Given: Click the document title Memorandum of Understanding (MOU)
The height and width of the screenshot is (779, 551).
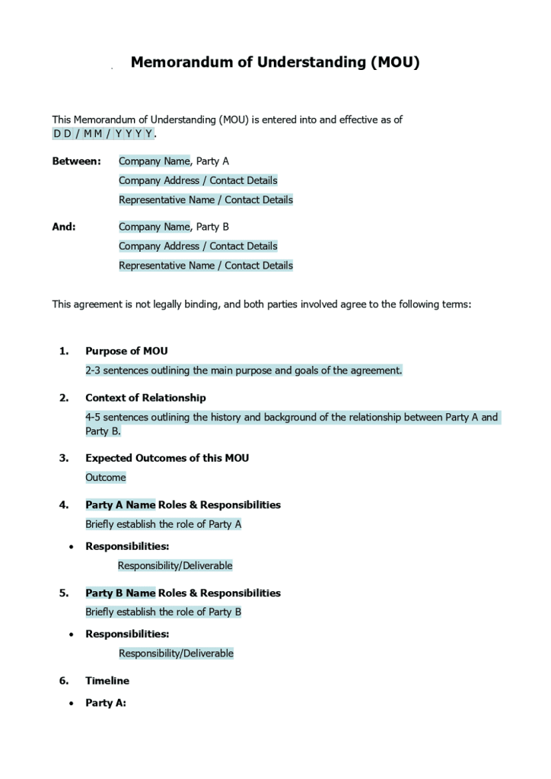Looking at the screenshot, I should (x=275, y=62).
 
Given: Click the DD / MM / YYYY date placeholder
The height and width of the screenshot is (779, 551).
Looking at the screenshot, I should (x=103, y=134).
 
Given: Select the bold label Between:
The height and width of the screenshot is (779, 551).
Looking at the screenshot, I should (x=76, y=161).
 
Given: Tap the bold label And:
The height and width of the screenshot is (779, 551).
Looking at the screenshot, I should (x=64, y=227).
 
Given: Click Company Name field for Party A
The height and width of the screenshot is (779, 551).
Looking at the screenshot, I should (x=154, y=161).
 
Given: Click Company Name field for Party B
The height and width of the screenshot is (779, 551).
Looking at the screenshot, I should (x=154, y=227).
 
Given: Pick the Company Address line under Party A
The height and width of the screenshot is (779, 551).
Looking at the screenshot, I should (x=198, y=181).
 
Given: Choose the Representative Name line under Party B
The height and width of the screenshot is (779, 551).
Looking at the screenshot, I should (x=205, y=265).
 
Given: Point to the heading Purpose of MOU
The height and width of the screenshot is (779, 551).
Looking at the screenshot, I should (x=126, y=351).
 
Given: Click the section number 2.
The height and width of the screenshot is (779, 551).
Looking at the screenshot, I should (x=64, y=398).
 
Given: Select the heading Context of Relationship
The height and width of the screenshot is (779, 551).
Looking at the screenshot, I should (x=145, y=398).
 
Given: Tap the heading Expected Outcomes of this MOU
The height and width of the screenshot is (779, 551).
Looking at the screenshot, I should (x=167, y=458).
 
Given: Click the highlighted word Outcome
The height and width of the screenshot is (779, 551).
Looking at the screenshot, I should (x=106, y=478).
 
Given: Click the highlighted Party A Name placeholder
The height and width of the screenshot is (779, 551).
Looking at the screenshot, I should (x=120, y=505).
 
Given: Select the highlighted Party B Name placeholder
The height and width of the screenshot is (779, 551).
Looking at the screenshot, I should (x=120, y=593).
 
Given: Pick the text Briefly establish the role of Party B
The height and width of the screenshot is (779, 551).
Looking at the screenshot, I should (x=164, y=612).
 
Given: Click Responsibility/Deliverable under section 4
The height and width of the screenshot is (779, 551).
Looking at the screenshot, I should (x=175, y=566).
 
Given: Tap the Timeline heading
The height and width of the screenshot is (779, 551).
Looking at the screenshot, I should (x=107, y=681).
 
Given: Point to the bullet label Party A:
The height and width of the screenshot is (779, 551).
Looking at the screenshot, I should (x=106, y=703).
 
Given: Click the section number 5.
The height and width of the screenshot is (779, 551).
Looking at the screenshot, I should (x=64, y=593).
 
